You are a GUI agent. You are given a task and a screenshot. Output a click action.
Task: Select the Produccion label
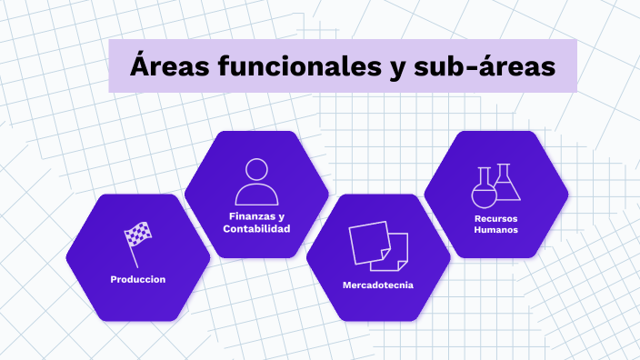[x=138, y=279]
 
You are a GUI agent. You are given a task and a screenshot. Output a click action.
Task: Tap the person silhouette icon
[x=256, y=182]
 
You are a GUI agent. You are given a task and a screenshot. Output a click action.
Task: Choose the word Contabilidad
[x=256, y=229]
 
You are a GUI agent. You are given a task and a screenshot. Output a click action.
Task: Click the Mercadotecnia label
[x=378, y=285]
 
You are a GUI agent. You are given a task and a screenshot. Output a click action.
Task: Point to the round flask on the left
[x=484, y=188]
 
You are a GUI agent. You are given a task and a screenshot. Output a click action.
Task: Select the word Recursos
[x=496, y=218]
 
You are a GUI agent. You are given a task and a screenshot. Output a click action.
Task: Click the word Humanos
[x=496, y=231]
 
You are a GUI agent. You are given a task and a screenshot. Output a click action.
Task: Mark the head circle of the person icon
[x=256, y=169]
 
